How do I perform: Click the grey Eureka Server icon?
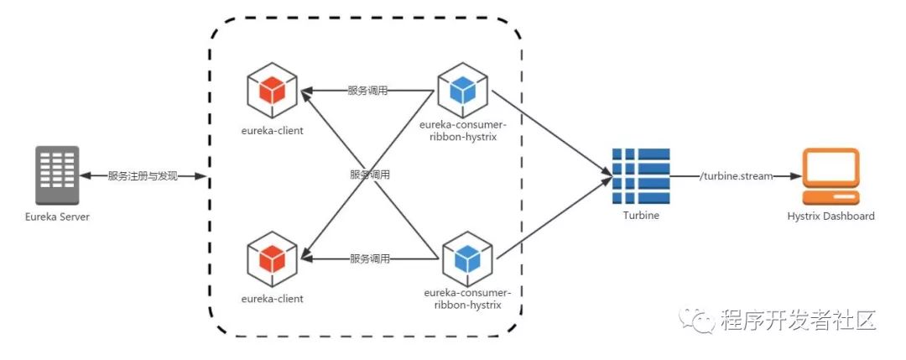[x=57, y=175]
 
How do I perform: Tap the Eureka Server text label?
[x=57, y=217]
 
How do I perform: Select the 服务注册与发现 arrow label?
[x=143, y=176]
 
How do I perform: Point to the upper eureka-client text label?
[x=272, y=131]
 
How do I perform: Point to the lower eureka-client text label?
[x=272, y=298]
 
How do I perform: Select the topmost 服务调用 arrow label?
[x=369, y=90]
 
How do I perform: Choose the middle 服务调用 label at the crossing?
[x=369, y=175]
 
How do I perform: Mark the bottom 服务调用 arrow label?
[x=369, y=258]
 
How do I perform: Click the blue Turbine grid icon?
[x=640, y=175]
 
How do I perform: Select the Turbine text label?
[x=640, y=216]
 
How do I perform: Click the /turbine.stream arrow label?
[x=732, y=176]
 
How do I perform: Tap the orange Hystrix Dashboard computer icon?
[x=830, y=175]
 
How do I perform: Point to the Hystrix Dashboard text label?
[x=830, y=216]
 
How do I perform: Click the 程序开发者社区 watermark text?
[x=797, y=320]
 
